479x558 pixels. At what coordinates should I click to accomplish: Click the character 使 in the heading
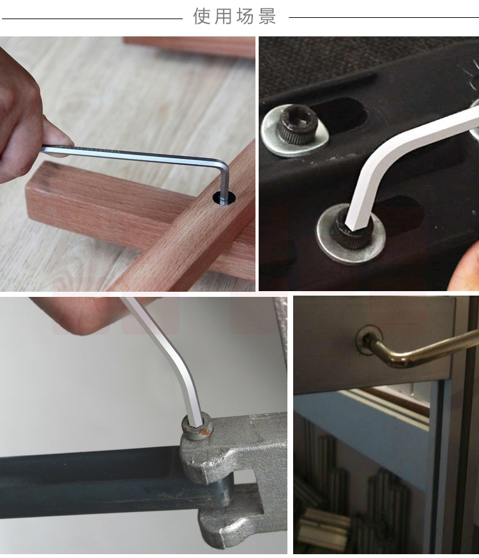coord(202,17)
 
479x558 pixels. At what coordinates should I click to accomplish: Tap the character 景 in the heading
coord(267,17)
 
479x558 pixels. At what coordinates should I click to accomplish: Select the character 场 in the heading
coord(245,17)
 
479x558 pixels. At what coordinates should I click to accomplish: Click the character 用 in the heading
coord(224,17)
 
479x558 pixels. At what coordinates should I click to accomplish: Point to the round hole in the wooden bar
coord(225,197)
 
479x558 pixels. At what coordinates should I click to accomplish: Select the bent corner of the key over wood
coord(223,168)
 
